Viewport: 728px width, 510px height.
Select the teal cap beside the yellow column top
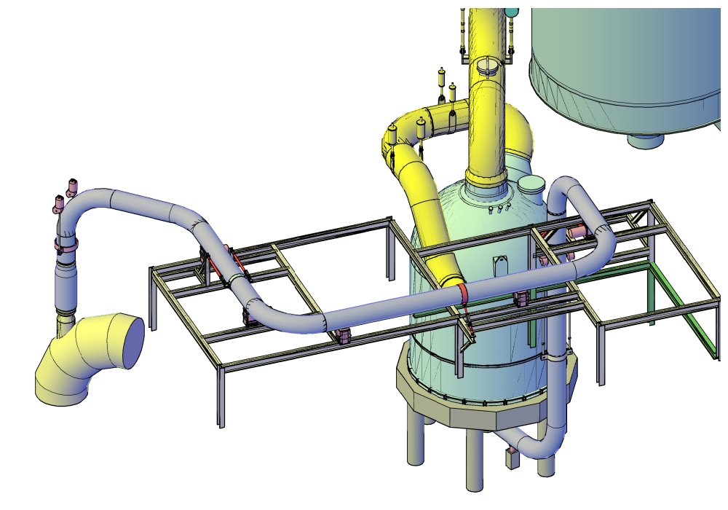click(512, 12)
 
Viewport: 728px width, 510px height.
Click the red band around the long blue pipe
click(463, 292)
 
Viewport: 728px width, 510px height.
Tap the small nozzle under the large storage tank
click(645, 139)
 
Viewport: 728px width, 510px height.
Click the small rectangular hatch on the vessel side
click(500, 266)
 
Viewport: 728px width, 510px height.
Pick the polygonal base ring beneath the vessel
click(473, 408)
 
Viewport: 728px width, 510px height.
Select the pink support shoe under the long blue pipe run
click(342, 336)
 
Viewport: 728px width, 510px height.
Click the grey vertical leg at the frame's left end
click(153, 299)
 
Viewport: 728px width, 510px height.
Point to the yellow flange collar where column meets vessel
click(484, 178)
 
